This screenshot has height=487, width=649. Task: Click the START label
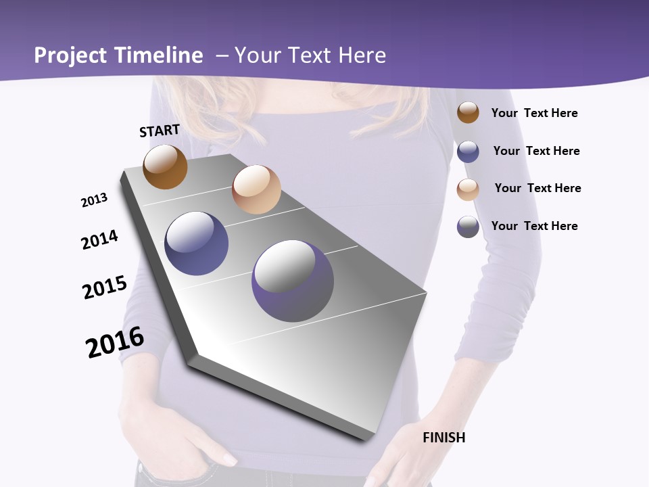pos(160,131)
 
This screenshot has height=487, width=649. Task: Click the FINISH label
pos(444,438)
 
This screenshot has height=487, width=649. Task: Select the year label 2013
pos(94,200)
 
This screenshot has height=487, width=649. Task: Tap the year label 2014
pos(99,239)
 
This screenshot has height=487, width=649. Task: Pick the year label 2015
pos(105,287)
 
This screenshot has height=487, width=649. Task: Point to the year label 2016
pos(115,342)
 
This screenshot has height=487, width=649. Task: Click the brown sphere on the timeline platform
pos(165,166)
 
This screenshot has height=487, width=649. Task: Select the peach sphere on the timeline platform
pos(256,189)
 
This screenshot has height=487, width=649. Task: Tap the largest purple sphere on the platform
pos(293,281)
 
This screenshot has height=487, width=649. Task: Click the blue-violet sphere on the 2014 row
pos(197,243)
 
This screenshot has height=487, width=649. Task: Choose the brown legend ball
pos(468,112)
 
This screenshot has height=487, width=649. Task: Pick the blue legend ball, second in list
pos(468,152)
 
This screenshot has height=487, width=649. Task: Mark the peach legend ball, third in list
pos(468,189)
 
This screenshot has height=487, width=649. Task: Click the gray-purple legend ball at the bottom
pos(468,227)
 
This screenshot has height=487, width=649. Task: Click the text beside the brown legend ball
pos(534,114)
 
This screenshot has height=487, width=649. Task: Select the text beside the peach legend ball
pos(537,188)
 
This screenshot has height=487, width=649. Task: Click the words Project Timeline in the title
pos(118,55)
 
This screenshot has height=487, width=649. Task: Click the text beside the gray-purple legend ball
pos(534,226)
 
